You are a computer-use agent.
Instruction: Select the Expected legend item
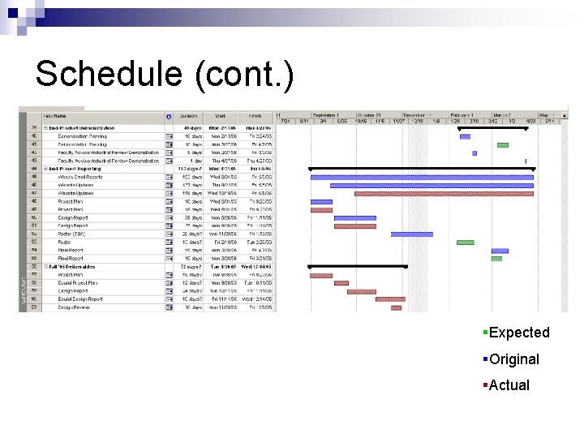pos(519,333)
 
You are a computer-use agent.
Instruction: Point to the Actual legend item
pos(509,385)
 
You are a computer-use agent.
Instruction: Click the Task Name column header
pos(55,116)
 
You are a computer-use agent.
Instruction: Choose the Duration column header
pos(188,116)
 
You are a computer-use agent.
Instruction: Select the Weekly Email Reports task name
pos(80,176)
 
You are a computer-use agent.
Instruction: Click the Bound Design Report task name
pos(80,299)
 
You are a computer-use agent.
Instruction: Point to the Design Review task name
pos(74,307)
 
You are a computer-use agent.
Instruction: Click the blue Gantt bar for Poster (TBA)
pos(412,234)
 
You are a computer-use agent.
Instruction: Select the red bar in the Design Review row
pos(396,307)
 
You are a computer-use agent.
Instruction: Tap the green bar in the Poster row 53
pos(465,242)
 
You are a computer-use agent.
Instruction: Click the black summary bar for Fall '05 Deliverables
pos(358,266)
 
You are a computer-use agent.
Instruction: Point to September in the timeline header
pos(326,114)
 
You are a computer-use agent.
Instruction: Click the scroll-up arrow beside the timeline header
pos(564,114)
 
